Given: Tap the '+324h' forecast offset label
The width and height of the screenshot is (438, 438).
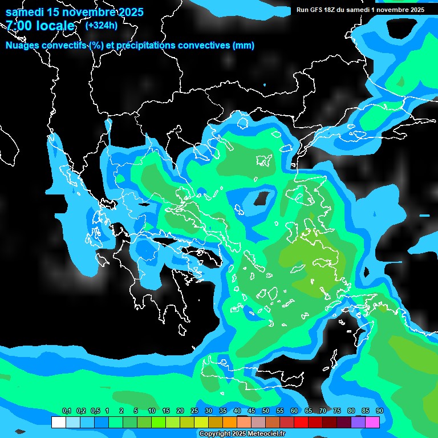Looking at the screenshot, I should (102, 25).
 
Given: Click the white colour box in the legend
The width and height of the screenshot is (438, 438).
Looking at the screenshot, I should (59, 423).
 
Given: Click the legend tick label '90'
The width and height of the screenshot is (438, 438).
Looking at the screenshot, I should (379, 411).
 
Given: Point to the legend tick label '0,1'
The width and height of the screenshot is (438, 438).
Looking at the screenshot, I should (66, 411).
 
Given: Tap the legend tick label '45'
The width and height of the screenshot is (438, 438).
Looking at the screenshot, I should (251, 411).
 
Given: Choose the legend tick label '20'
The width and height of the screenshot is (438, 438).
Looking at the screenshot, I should (180, 411).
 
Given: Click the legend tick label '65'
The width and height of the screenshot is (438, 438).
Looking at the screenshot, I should (308, 411).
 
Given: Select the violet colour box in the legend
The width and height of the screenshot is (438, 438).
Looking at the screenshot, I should (358, 423).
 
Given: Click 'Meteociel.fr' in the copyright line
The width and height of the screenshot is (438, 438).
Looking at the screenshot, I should (265, 434).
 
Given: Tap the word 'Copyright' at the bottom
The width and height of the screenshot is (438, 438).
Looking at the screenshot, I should (214, 434).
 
